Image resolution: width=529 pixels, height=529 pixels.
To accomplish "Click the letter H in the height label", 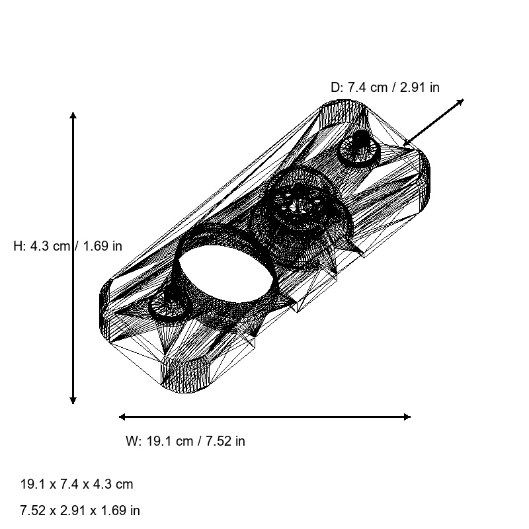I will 18,246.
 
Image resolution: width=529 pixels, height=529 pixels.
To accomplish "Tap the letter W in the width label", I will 131,441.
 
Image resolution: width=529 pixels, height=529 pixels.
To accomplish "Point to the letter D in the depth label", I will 335,87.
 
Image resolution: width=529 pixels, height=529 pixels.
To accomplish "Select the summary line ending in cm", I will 77,484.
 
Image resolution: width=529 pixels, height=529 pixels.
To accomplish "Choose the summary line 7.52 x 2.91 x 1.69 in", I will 80,510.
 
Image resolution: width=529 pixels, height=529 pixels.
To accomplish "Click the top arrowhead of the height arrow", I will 73,116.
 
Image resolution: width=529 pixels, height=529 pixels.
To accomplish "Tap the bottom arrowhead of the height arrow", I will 73,400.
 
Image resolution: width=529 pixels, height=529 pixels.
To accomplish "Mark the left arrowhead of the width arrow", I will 122,417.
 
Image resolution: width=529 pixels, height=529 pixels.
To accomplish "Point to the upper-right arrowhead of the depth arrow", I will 461,102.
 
